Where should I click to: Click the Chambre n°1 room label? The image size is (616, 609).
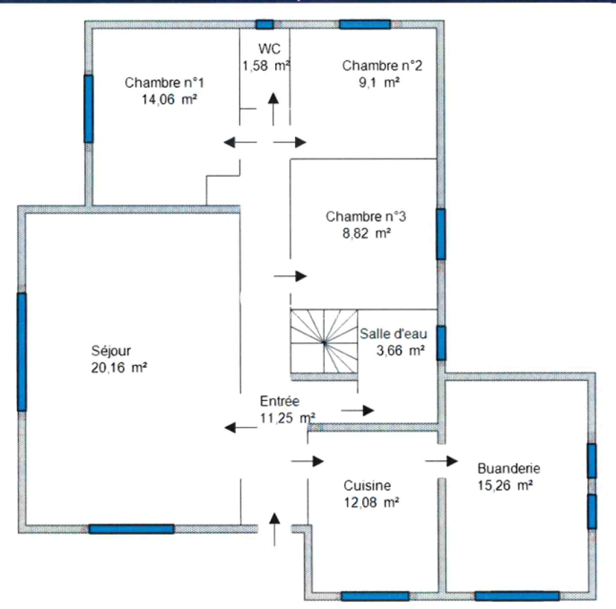tap(164, 83)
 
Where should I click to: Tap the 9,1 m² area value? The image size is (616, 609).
tap(384, 82)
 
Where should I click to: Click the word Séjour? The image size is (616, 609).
tap(111, 351)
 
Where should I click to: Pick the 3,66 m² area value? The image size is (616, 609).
tap(400, 350)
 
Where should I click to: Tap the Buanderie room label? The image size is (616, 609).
tap(509, 467)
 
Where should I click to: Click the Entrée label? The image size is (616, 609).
tap(279, 401)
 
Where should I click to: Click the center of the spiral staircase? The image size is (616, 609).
tap(324, 341)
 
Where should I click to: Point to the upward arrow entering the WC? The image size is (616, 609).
tap(274, 109)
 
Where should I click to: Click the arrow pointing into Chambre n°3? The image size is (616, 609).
tap(290, 276)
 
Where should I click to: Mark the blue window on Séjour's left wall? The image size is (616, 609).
tap(21, 352)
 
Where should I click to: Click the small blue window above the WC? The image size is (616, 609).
tap(265, 24)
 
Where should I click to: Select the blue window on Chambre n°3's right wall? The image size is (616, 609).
tap(441, 234)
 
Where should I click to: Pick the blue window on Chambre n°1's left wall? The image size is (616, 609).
tap(88, 108)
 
